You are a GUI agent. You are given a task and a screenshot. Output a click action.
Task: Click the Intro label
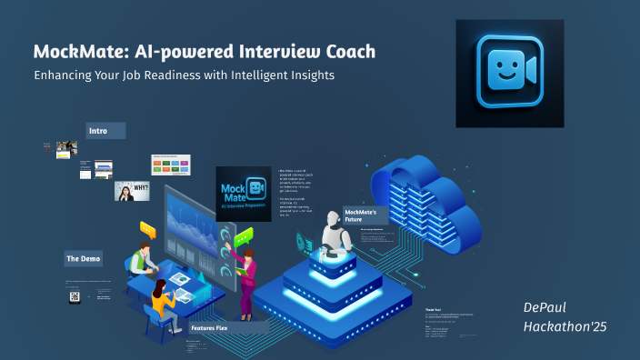98,131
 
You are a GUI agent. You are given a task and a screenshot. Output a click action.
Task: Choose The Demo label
83,259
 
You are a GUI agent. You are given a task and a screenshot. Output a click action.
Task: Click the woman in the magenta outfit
246,276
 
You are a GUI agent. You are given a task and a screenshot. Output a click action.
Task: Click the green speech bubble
243,239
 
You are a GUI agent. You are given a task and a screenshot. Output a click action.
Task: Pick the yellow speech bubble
147,230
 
